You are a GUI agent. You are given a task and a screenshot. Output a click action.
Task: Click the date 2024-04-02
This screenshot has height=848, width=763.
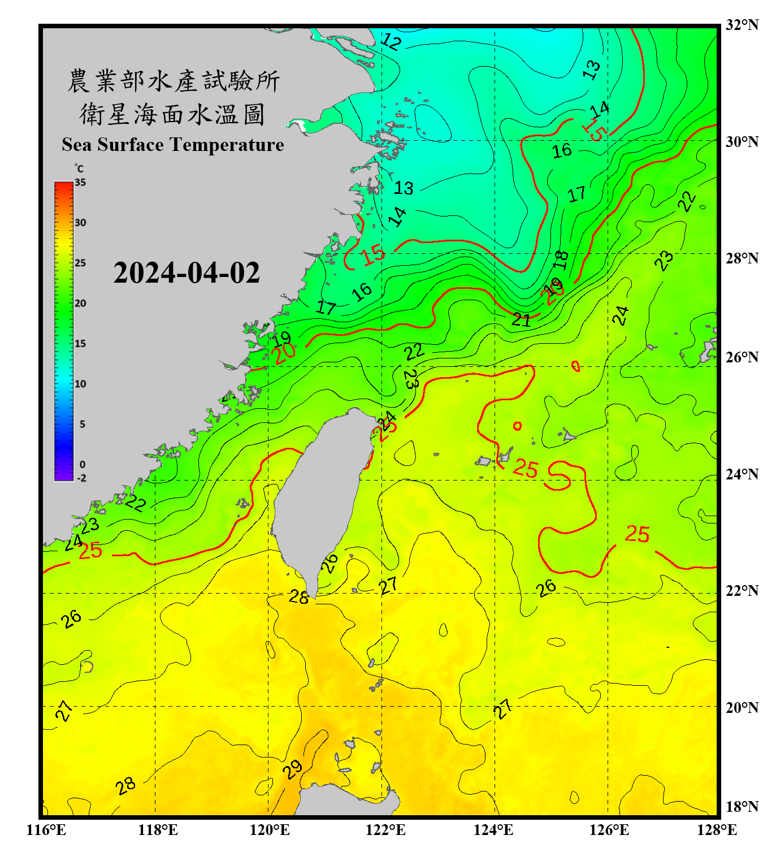click(187, 272)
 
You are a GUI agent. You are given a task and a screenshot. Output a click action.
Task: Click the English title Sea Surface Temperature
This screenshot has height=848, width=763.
click(173, 145)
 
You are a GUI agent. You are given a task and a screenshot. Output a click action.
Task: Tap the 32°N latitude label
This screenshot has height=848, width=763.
click(742, 25)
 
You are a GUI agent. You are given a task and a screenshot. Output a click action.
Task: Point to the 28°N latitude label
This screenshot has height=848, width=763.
click(742, 258)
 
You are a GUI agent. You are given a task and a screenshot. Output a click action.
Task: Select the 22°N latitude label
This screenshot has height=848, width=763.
click(742, 591)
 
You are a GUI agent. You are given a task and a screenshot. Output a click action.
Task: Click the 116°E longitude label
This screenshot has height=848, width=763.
click(46, 830)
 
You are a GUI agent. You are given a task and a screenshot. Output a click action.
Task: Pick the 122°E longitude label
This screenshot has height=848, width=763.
click(385, 830)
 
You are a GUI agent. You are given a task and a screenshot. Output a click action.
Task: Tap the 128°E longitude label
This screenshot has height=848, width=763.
click(717, 830)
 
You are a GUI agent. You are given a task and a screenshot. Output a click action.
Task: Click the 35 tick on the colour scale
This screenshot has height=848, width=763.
click(80, 183)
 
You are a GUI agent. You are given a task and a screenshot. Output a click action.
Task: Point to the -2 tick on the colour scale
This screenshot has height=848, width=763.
click(81, 478)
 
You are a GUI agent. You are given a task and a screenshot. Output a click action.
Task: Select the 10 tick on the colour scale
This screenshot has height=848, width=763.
click(80, 384)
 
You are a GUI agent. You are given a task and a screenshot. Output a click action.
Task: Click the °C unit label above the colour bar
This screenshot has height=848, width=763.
click(79, 168)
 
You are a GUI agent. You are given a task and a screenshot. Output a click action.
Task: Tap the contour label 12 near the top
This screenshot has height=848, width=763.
click(391, 42)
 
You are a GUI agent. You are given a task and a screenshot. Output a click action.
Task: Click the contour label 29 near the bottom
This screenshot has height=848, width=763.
click(292, 769)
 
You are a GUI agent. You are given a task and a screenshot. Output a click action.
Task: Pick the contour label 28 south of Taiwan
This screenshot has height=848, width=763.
click(299, 596)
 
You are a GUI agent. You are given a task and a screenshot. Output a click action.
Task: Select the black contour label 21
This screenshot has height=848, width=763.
click(521, 320)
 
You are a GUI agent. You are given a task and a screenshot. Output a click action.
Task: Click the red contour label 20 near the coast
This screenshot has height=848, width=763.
click(284, 353)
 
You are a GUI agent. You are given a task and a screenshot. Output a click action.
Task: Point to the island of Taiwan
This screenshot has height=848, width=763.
click(319, 497)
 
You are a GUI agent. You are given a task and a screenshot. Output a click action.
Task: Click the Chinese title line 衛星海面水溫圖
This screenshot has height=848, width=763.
click(172, 114)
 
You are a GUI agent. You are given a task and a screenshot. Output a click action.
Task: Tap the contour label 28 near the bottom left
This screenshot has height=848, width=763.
click(125, 785)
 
